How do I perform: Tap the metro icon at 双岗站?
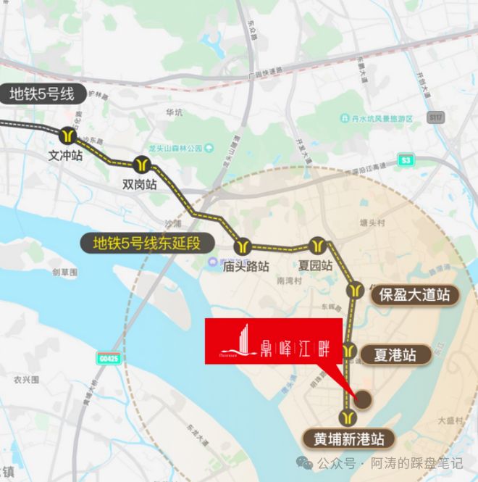(141, 164)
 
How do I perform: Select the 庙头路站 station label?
(246, 266)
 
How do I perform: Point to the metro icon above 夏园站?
(316, 244)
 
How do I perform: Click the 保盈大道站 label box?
(411, 294)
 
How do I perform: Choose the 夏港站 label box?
(394, 356)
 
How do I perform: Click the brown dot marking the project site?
(364, 398)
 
